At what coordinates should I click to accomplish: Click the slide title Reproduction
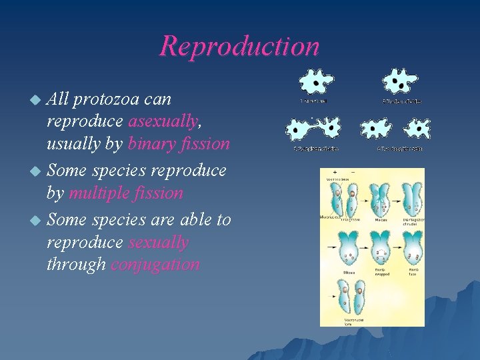coord(239,46)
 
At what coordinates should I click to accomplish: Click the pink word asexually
coord(163,121)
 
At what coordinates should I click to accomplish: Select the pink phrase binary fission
coord(179,144)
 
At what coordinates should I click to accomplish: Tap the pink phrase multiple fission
coord(125,193)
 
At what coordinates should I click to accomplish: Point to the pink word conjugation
coord(155,265)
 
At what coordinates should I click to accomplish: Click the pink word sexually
coord(159,242)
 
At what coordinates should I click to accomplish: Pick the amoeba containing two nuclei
coord(399,81)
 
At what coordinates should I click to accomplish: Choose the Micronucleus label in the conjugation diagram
coord(332,217)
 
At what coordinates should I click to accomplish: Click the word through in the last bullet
coord(76,265)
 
